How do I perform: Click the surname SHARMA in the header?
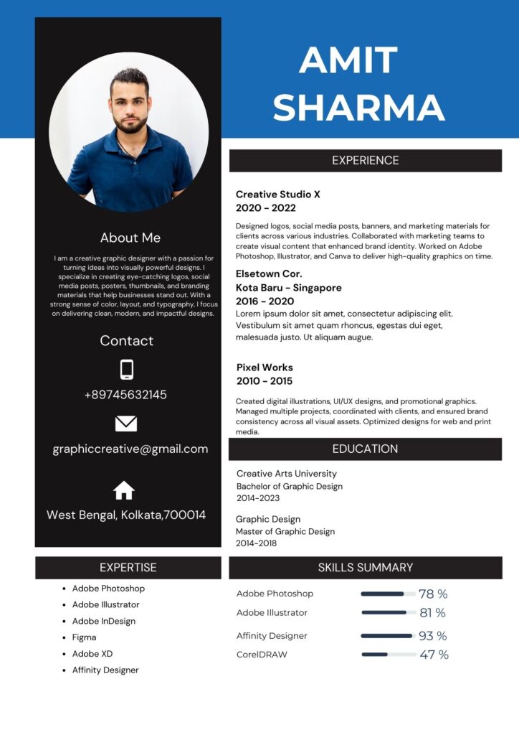[x=358, y=107]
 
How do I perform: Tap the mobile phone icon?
[x=126, y=370]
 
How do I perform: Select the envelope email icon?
[x=126, y=423]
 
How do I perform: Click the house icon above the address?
[x=124, y=490]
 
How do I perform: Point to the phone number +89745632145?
[x=125, y=395]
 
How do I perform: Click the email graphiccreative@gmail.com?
[x=130, y=449]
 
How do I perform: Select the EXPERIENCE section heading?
[x=365, y=161]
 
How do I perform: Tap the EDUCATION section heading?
[x=365, y=449]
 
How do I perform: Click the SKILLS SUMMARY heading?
[x=365, y=568]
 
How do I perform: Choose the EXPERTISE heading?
[x=128, y=568]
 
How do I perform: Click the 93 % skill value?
[x=432, y=636]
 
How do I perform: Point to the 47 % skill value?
[x=434, y=655]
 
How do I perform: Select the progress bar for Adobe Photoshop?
[x=388, y=594]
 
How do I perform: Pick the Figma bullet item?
[x=84, y=637]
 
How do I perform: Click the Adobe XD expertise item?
[x=92, y=654]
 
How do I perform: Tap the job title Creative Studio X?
[x=278, y=195]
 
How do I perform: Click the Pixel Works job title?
[x=265, y=367]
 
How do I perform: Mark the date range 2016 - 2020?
[x=265, y=301]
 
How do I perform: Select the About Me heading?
[x=130, y=238]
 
